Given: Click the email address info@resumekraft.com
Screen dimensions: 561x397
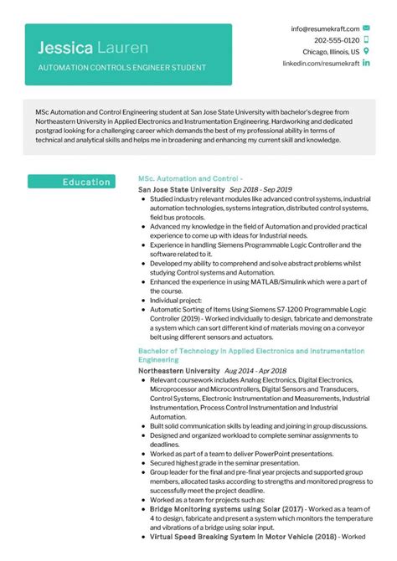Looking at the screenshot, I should pos(325,28).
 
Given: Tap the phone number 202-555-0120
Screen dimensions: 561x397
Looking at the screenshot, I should pos(337,40).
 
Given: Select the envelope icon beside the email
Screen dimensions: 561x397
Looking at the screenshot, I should pos(366,28).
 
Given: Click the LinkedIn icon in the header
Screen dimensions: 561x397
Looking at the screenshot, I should pos(366,63).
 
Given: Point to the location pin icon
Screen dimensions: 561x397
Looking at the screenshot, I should pos(366,51).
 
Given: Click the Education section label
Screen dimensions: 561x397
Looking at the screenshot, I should pos(86,182).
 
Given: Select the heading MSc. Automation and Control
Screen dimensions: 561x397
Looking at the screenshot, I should pos(189,179).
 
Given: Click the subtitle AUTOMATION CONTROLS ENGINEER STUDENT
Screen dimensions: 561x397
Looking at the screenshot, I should pos(121,66).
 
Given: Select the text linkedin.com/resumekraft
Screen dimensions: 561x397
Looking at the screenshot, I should pos(321,63).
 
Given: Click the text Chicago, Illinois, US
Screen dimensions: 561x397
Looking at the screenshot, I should pos(331,51).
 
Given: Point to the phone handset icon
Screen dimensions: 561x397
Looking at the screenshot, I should pos(366,40).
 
